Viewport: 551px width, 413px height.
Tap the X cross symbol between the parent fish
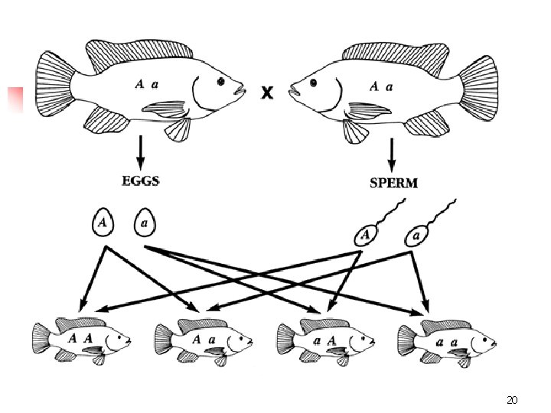tap(266, 93)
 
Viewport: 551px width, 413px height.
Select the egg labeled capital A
tap(103, 223)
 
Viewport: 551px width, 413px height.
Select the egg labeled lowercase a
tap(145, 223)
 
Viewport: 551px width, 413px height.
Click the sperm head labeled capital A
tap(368, 234)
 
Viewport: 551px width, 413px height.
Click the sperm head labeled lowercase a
tap(417, 236)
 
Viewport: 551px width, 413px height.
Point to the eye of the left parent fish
tap(222, 80)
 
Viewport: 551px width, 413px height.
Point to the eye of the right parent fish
tap(313, 80)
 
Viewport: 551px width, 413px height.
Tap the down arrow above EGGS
tap(140, 152)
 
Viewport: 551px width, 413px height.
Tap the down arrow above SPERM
tap(393, 154)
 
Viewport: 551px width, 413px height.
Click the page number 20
tap(512, 400)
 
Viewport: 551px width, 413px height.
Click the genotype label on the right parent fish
tap(381, 86)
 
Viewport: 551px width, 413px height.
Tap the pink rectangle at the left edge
tap(15, 99)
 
